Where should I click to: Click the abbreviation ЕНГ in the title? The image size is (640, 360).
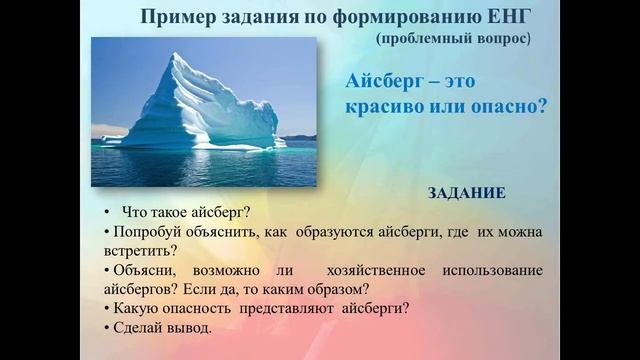point(506,17)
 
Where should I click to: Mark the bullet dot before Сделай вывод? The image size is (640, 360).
point(105,327)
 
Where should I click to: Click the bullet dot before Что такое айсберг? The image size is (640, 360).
point(106,212)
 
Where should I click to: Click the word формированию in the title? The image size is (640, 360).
point(405,17)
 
